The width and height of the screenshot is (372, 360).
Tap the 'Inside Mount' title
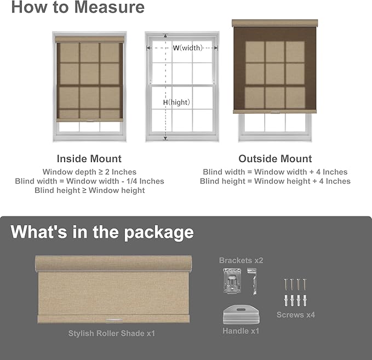click(89, 159)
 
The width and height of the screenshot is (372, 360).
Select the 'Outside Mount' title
click(275, 159)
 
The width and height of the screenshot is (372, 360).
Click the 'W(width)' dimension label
click(187, 48)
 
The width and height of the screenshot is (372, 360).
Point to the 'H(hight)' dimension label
click(176, 102)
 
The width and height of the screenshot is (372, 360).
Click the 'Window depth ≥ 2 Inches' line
click(89, 172)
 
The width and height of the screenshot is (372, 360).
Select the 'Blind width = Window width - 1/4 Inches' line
click(89, 181)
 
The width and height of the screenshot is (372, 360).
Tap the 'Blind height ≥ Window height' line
click(89, 191)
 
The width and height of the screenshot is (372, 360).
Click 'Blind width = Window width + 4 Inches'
click(275, 172)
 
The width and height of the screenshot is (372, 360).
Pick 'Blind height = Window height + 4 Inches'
click(275, 181)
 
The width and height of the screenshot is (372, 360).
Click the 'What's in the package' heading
click(102, 232)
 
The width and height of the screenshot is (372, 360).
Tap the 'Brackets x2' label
click(241, 260)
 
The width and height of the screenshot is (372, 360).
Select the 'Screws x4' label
click(296, 315)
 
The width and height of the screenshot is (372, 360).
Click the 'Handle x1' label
click(241, 331)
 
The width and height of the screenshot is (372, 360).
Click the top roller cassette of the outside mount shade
click(275, 24)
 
